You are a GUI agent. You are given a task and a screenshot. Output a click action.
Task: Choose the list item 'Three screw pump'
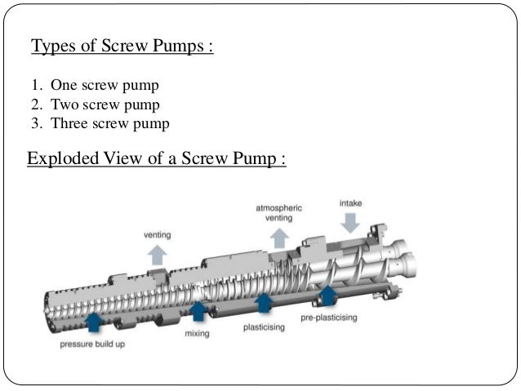[109, 124]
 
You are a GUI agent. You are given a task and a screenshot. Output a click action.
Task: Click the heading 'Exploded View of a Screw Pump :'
[156, 158]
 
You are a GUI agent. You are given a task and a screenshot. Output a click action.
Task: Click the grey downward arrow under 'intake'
[352, 223]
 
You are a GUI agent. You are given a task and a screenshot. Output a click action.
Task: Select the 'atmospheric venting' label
[278, 213]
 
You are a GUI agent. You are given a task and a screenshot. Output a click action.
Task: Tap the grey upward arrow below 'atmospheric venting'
[279, 238]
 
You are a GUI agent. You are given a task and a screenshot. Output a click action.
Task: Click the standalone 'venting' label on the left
[157, 234]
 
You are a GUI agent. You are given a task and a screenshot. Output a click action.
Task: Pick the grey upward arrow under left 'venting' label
[157, 254]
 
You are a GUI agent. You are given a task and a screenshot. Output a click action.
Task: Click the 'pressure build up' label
[93, 344]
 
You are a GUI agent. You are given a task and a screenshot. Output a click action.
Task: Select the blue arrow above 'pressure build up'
[93, 321]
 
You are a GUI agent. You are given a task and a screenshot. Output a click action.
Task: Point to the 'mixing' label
[196, 334]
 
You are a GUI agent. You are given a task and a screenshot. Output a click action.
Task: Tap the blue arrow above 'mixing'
[198, 311]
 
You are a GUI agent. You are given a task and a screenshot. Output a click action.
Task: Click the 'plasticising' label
[263, 327]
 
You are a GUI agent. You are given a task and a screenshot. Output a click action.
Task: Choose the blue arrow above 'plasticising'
[263, 304]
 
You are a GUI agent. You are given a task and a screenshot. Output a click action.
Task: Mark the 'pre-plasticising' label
[328, 317]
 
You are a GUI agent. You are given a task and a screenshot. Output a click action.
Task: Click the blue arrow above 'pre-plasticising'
[327, 295]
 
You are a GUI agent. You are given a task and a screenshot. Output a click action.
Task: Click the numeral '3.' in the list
[37, 124]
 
